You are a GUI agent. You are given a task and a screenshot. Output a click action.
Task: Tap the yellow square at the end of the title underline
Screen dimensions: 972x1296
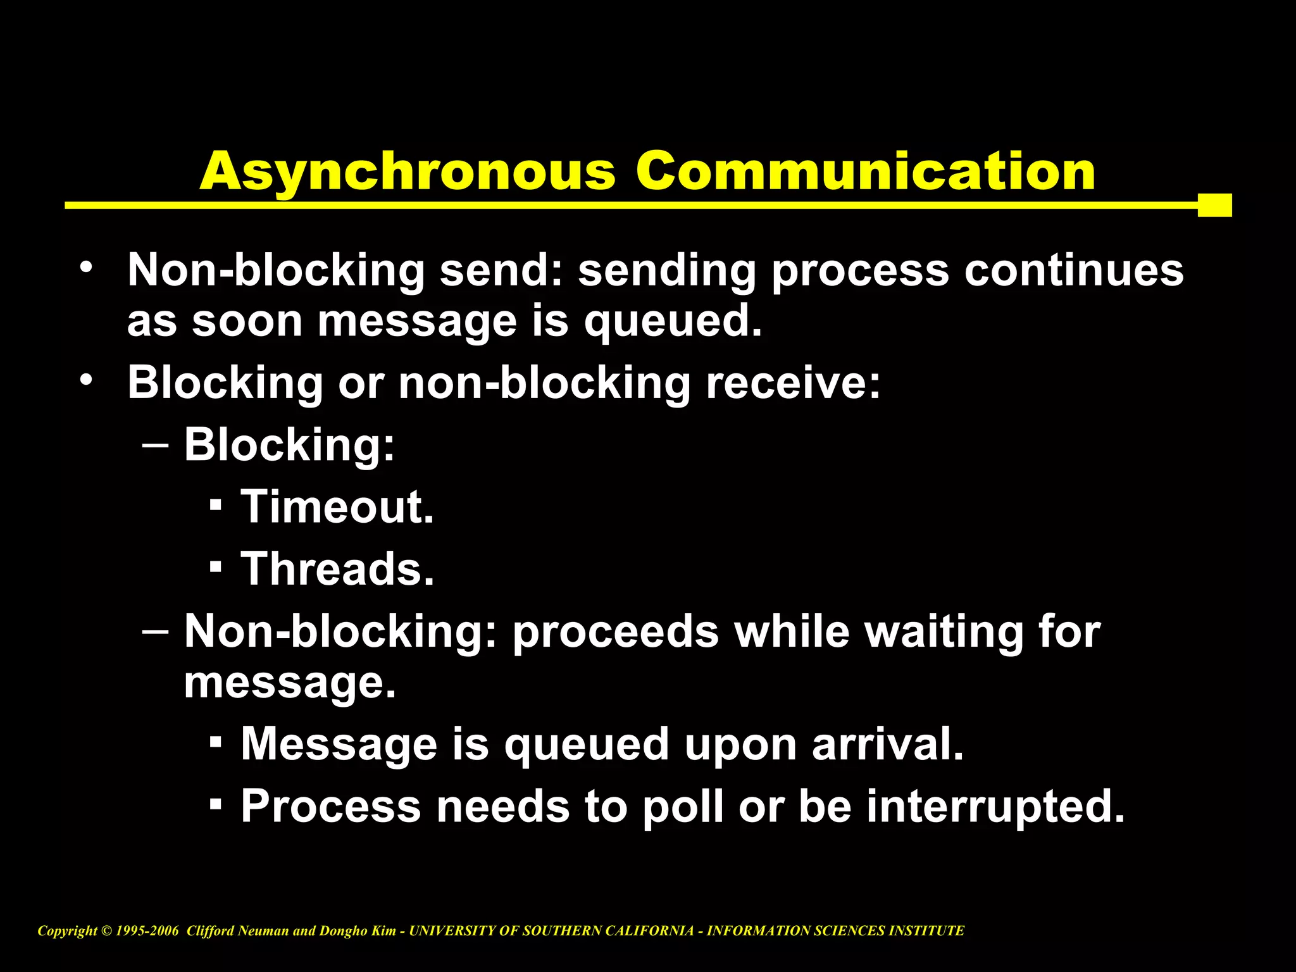[1214, 205]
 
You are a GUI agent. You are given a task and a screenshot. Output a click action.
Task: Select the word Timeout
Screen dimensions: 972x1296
[337, 507]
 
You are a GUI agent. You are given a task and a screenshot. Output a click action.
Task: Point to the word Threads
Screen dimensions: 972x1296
[337, 569]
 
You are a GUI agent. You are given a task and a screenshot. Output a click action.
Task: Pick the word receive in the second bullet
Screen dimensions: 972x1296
[793, 383]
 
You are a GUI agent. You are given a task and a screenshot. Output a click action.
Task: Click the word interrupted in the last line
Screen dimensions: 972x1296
[995, 807]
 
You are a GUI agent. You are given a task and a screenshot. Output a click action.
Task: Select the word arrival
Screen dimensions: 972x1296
[887, 744]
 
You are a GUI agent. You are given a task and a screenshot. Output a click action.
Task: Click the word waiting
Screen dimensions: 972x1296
[944, 633]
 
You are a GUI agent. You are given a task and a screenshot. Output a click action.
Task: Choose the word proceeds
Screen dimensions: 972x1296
[616, 633]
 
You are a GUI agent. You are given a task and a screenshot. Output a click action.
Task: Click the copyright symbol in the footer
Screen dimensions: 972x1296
[106, 931]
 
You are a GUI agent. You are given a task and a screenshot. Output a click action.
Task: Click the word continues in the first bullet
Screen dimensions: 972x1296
[1073, 270]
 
